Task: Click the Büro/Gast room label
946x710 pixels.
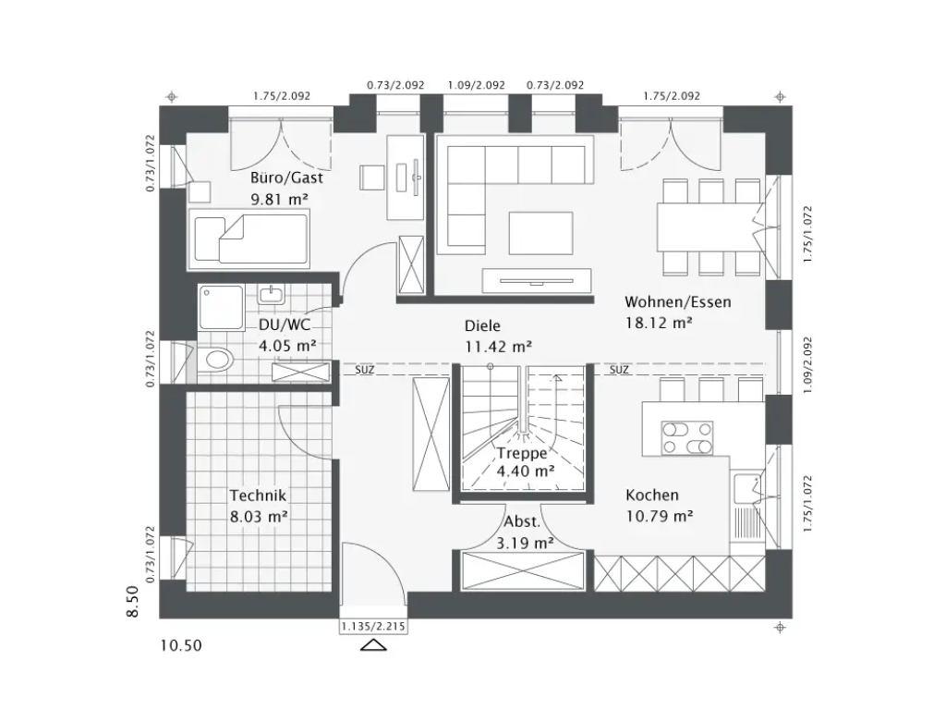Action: click(285, 179)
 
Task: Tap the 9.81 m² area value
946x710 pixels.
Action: click(279, 198)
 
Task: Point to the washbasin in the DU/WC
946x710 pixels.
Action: click(271, 295)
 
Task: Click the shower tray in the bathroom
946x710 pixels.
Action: click(221, 308)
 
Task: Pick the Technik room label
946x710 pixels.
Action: click(259, 495)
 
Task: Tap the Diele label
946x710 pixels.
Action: click(481, 326)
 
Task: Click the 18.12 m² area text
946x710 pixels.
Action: click(659, 322)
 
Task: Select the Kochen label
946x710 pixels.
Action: click(652, 496)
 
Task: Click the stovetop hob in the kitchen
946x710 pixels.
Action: click(687, 437)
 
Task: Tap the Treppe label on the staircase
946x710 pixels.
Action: click(522, 453)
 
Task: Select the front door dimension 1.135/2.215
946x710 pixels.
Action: click(374, 627)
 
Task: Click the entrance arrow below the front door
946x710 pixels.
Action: click(374, 645)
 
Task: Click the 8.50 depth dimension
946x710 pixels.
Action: click(132, 602)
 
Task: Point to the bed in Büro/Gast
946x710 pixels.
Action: click(249, 238)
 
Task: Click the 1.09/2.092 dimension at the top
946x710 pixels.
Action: click(476, 85)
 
